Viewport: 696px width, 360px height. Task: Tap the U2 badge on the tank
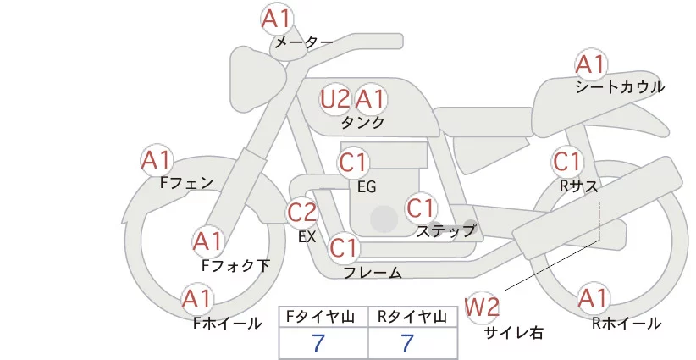tap(335, 99)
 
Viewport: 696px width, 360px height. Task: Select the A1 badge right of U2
tap(370, 99)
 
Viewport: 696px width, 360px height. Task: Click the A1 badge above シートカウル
tap(591, 64)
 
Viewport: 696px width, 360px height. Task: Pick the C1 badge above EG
tap(353, 162)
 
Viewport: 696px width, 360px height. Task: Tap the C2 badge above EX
tap(303, 211)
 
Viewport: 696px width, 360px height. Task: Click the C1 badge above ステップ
tap(421, 208)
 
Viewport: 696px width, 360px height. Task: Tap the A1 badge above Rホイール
tap(594, 298)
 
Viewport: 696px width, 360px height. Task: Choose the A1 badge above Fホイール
tap(199, 298)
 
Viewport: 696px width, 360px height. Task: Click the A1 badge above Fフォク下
tap(208, 241)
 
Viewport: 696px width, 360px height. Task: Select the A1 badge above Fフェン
tap(157, 159)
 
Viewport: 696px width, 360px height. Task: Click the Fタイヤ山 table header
tap(323, 317)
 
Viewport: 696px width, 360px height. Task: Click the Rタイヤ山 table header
tap(412, 317)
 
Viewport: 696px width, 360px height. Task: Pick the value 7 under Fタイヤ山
tap(318, 343)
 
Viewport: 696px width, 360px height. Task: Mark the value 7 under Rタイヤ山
tap(407, 343)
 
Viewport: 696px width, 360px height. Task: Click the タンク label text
tap(362, 123)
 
